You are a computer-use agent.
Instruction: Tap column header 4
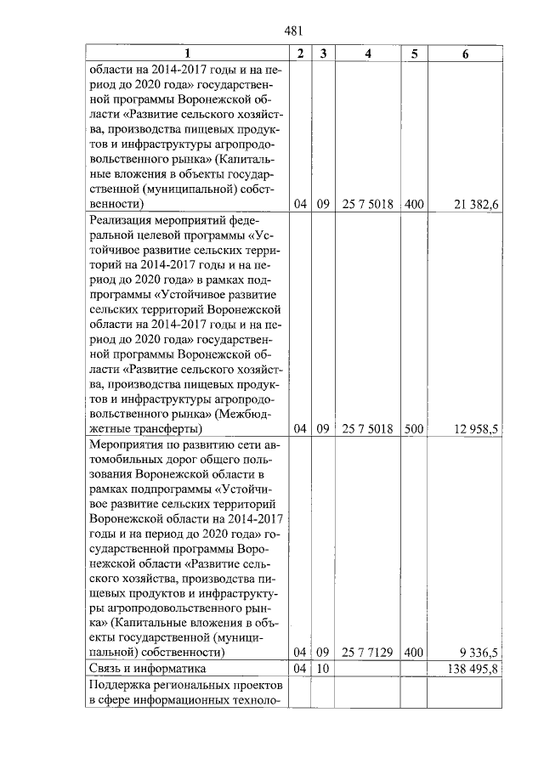tap(367, 54)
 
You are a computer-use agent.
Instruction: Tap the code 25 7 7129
tap(367, 653)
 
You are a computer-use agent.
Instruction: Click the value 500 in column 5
tap(414, 429)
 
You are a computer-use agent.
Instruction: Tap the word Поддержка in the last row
tap(121, 686)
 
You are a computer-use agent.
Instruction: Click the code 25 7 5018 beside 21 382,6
tap(367, 205)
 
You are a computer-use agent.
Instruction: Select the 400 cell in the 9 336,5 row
tap(414, 653)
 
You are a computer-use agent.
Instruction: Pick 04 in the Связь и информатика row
tap(299, 670)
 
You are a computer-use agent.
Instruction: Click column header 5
tap(414, 54)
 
